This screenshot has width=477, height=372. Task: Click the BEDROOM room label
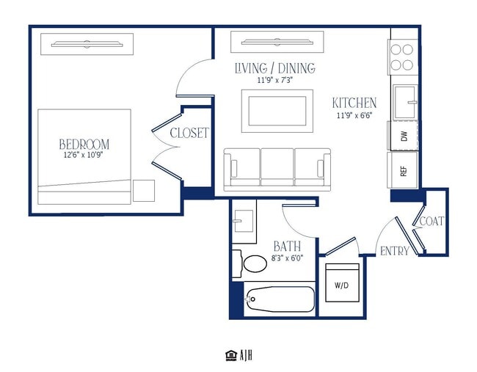click(84, 144)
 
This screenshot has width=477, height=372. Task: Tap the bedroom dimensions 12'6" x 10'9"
click(84, 155)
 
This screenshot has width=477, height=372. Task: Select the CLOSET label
click(189, 133)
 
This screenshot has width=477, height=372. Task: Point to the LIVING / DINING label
click(275, 68)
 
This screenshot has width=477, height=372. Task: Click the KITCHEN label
click(354, 103)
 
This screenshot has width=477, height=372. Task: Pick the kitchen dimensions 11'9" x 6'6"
click(354, 116)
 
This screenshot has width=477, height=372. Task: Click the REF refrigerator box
click(402, 170)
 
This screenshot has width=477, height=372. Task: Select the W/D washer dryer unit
click(342, 282)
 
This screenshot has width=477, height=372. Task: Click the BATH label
click(287, 246)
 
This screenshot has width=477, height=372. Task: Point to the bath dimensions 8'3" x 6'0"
click(287, 258)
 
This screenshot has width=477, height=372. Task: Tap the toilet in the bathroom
click(250, 263)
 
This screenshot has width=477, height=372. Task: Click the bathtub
click(280, 299)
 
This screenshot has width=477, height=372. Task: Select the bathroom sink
click(243, 221)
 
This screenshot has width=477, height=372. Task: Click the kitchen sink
click(405, 102)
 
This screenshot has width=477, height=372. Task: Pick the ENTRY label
click(395, 251)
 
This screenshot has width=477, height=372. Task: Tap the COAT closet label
click(432, 221)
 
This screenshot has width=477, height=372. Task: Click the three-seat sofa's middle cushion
click(277, 167)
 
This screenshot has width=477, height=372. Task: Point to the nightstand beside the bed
click(144, 191)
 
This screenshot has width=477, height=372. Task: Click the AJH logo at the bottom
click(239, 355)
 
